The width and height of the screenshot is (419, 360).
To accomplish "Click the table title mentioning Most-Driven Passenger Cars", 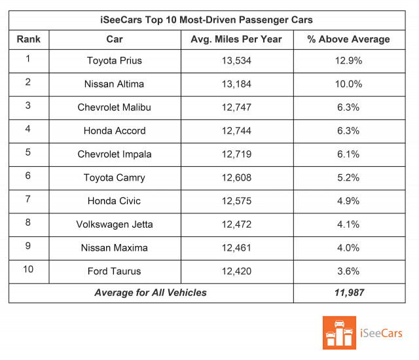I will (209, 20).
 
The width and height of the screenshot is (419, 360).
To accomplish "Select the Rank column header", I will (28, 39).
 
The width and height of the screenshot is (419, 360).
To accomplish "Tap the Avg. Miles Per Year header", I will (237, 39).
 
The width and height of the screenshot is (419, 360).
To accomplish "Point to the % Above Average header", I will (348, 39).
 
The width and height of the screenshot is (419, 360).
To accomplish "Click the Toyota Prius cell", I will (115, 61).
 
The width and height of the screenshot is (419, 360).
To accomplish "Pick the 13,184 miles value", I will (237, 84).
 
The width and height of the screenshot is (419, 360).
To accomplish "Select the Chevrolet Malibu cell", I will (115, 107).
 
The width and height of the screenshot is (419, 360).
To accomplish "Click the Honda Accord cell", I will (115, 131).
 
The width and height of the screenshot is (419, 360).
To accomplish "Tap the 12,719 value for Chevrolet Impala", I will (237, 154).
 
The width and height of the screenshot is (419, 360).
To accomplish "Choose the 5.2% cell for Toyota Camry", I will (348, 177).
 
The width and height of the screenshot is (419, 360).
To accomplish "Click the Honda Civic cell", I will (115, 201).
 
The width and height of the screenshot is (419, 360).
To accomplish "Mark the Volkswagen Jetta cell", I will (115, 225).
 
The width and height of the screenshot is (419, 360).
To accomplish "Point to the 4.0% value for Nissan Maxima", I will (348, 248).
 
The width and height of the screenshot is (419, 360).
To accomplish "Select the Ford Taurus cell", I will (115, 271).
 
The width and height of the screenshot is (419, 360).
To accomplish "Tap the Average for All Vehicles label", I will (151, 293).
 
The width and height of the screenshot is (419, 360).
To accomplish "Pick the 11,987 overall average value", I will (348, 293).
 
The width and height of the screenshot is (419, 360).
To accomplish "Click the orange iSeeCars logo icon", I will (339, 333).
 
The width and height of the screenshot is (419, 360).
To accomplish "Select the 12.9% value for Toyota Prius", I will (348, 61).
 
